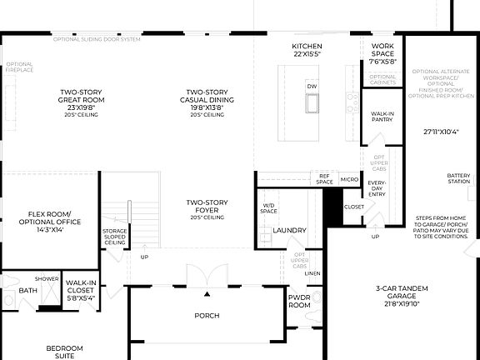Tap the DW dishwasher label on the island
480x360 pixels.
point(312,87)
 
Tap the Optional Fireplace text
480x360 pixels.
point(20,67)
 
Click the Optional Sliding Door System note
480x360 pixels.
point(97,39)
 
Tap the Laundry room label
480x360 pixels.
point(289,231)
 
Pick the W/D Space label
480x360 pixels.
point(269,208)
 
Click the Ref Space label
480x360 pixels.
point(325,178)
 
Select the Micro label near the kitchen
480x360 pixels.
point(349,179)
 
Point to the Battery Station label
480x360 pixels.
point(458,178)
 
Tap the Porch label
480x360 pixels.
point(207,316)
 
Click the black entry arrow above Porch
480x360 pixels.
point(207,294)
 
